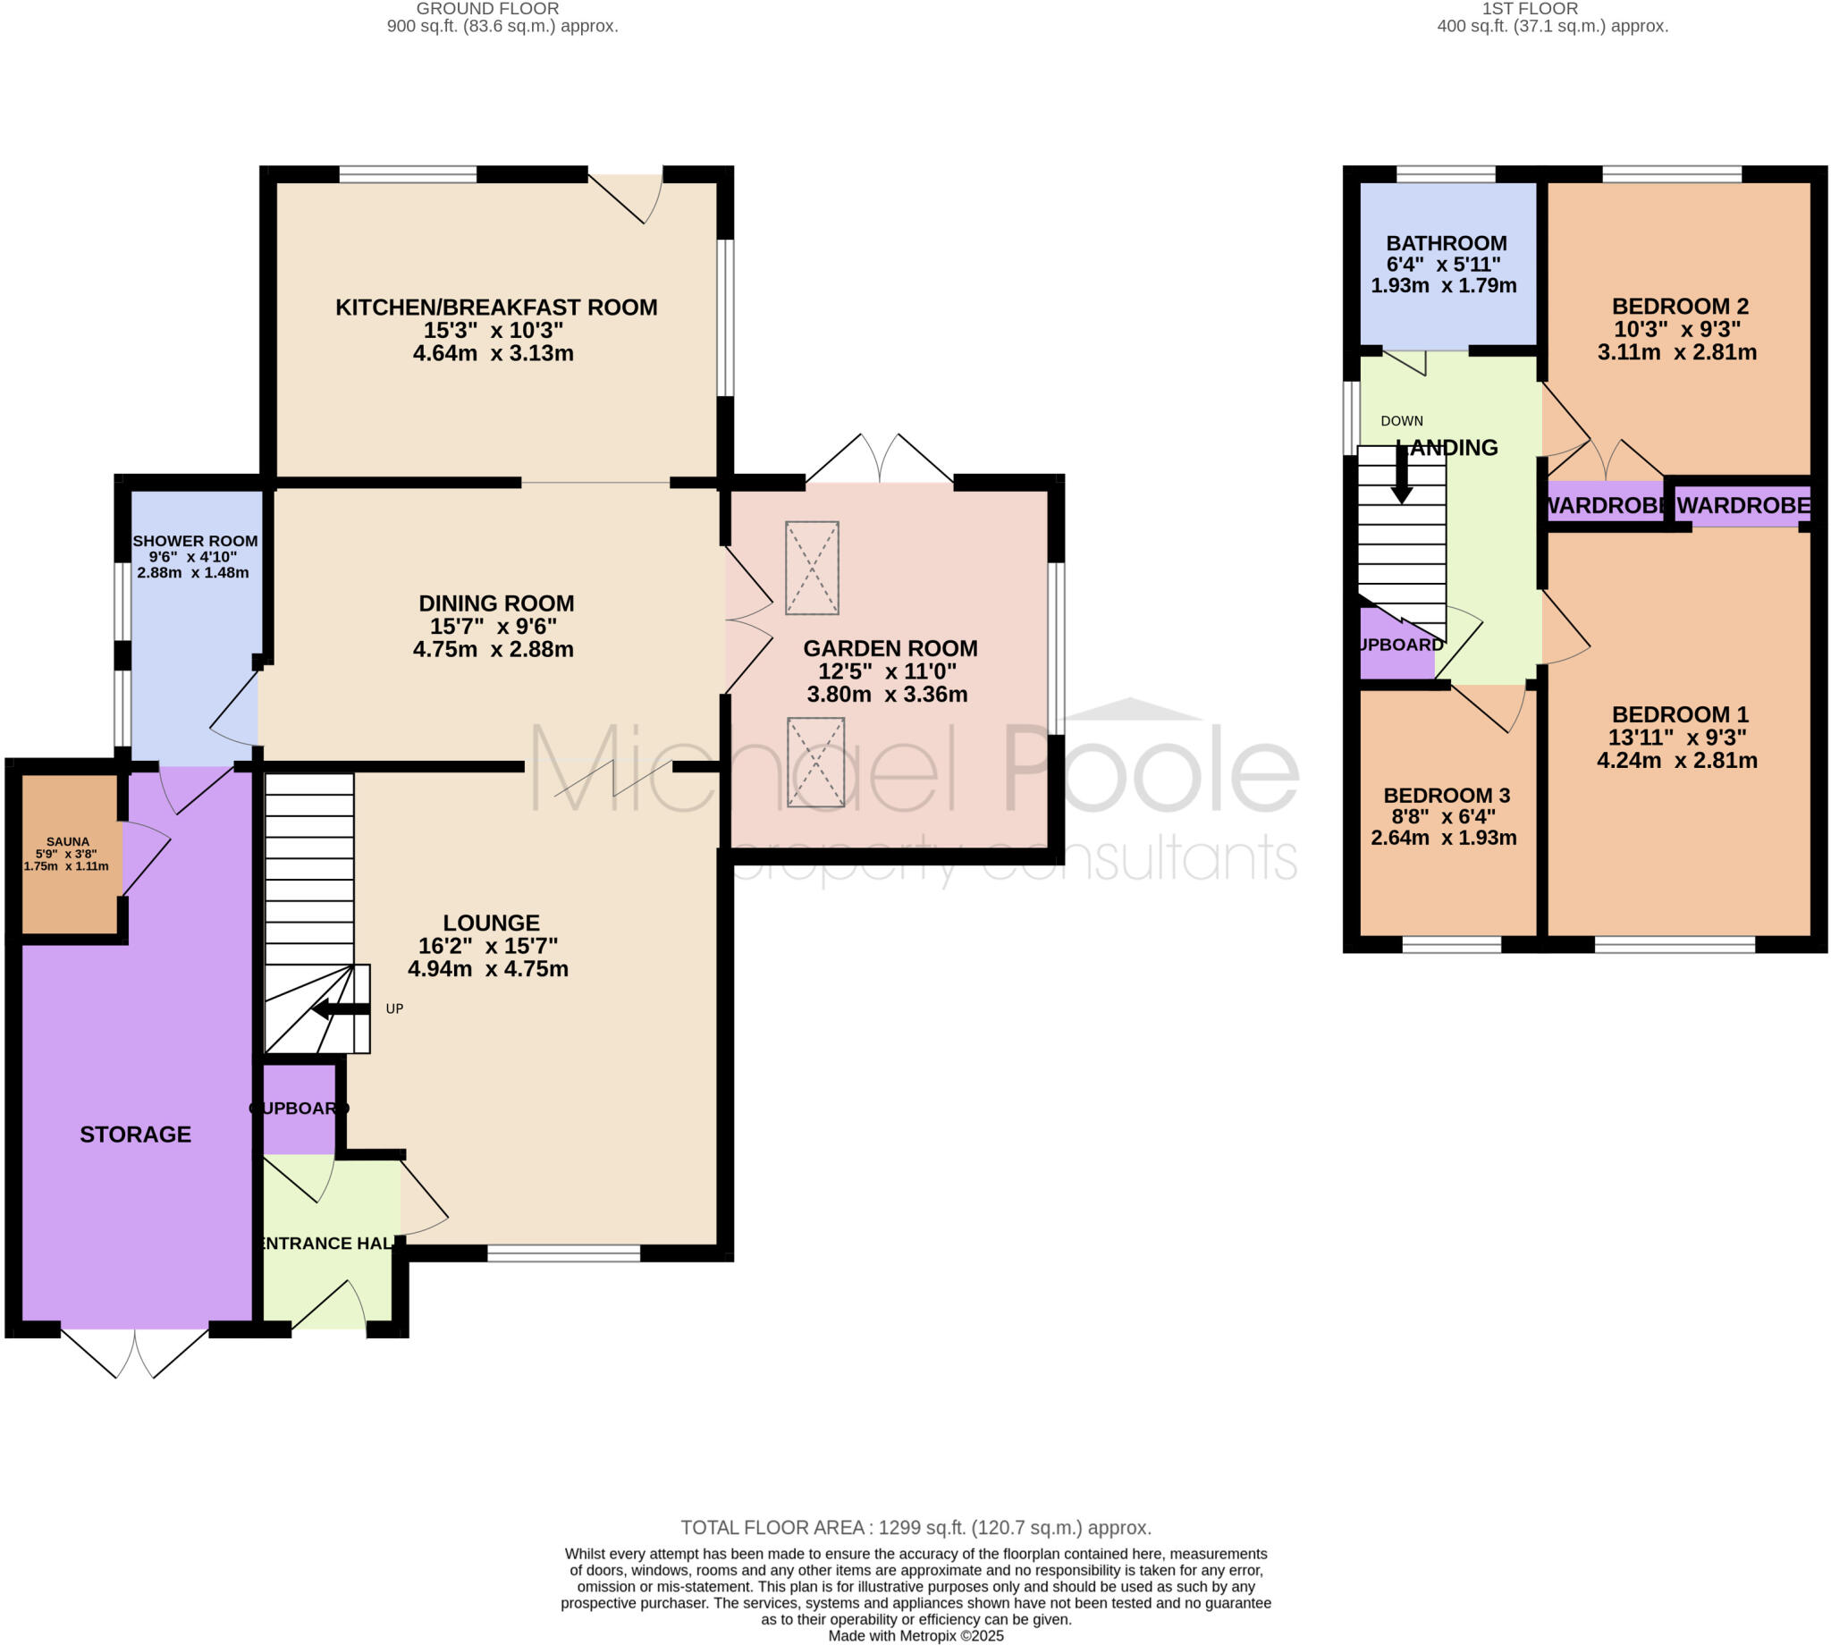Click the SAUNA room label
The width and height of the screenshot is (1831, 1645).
pos(68,841)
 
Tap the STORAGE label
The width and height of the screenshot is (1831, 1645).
pos(136,1135)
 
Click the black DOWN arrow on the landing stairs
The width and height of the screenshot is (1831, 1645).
pos(1401,477)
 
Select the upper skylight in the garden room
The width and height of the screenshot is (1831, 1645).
pos(812,568)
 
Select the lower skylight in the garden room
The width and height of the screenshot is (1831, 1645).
pos(815,762)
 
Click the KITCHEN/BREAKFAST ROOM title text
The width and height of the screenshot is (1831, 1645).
pos(496,308)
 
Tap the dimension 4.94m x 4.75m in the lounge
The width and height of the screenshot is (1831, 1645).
pos(488,969)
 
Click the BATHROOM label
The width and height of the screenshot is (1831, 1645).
pos(1446,243)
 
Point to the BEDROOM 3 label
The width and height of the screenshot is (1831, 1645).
pos(1446,796)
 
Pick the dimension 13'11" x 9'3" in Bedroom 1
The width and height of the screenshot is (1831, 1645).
pos(1676,738)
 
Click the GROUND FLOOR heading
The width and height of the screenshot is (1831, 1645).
pos(487,9)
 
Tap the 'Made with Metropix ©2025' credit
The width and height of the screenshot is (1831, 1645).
pos(915,1636)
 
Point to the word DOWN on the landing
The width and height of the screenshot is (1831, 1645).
pos(1402,421)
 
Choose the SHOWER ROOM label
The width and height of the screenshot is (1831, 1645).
pos(195,542)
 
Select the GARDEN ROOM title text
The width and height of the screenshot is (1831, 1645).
pos(890,648)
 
